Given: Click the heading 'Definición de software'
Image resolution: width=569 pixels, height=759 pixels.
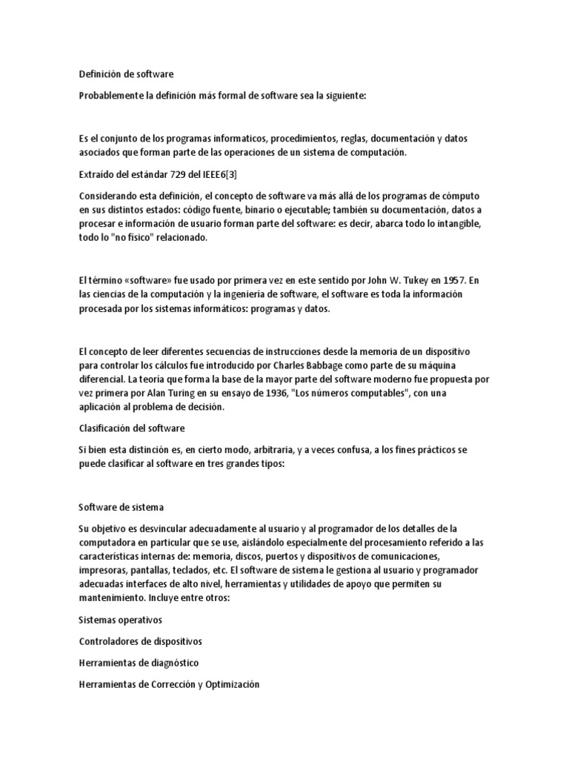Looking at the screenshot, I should [x=126, y=74].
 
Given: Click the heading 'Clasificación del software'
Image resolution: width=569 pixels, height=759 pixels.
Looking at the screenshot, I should [x=131, y=428].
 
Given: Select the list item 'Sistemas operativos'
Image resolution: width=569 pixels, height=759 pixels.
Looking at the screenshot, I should [x=120, y=619].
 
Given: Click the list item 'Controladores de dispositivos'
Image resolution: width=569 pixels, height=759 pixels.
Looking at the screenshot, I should [x=140, y=640].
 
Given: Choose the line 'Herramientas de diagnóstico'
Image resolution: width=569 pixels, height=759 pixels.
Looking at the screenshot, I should [x=139, y=663].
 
